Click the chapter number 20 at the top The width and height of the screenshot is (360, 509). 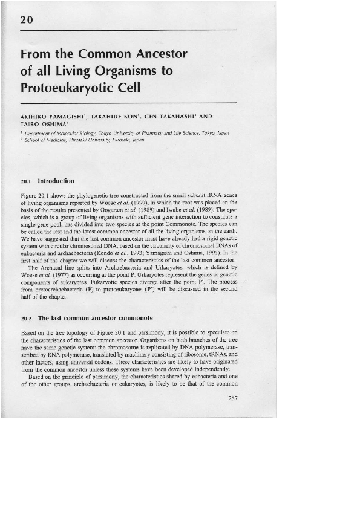(x=26, y=19)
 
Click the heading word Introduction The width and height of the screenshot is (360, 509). (x=56, y=180)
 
